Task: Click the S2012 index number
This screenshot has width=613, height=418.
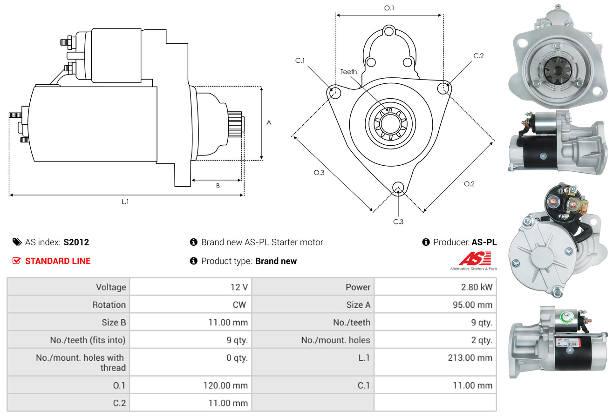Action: tap(76, 242)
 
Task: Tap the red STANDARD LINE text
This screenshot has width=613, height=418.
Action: tap(58, 261)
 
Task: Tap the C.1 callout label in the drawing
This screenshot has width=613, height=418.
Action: tap(300, 61)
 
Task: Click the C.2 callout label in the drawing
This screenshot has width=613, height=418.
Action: tap(478, 56)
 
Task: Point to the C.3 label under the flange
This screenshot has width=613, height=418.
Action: tap(398, 222)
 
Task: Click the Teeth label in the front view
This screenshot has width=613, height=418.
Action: tap(348, 72)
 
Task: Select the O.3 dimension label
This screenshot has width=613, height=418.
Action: tap(319, 173)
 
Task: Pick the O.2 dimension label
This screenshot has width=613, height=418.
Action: tap(469, 184)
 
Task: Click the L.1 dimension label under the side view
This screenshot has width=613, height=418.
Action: tap(125, 202)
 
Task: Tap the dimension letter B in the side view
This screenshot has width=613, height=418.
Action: tap(218, 186)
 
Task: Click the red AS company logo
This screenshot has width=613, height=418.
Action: tap(475, 259)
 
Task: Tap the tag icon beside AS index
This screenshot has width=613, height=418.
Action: tap(17, 242)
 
